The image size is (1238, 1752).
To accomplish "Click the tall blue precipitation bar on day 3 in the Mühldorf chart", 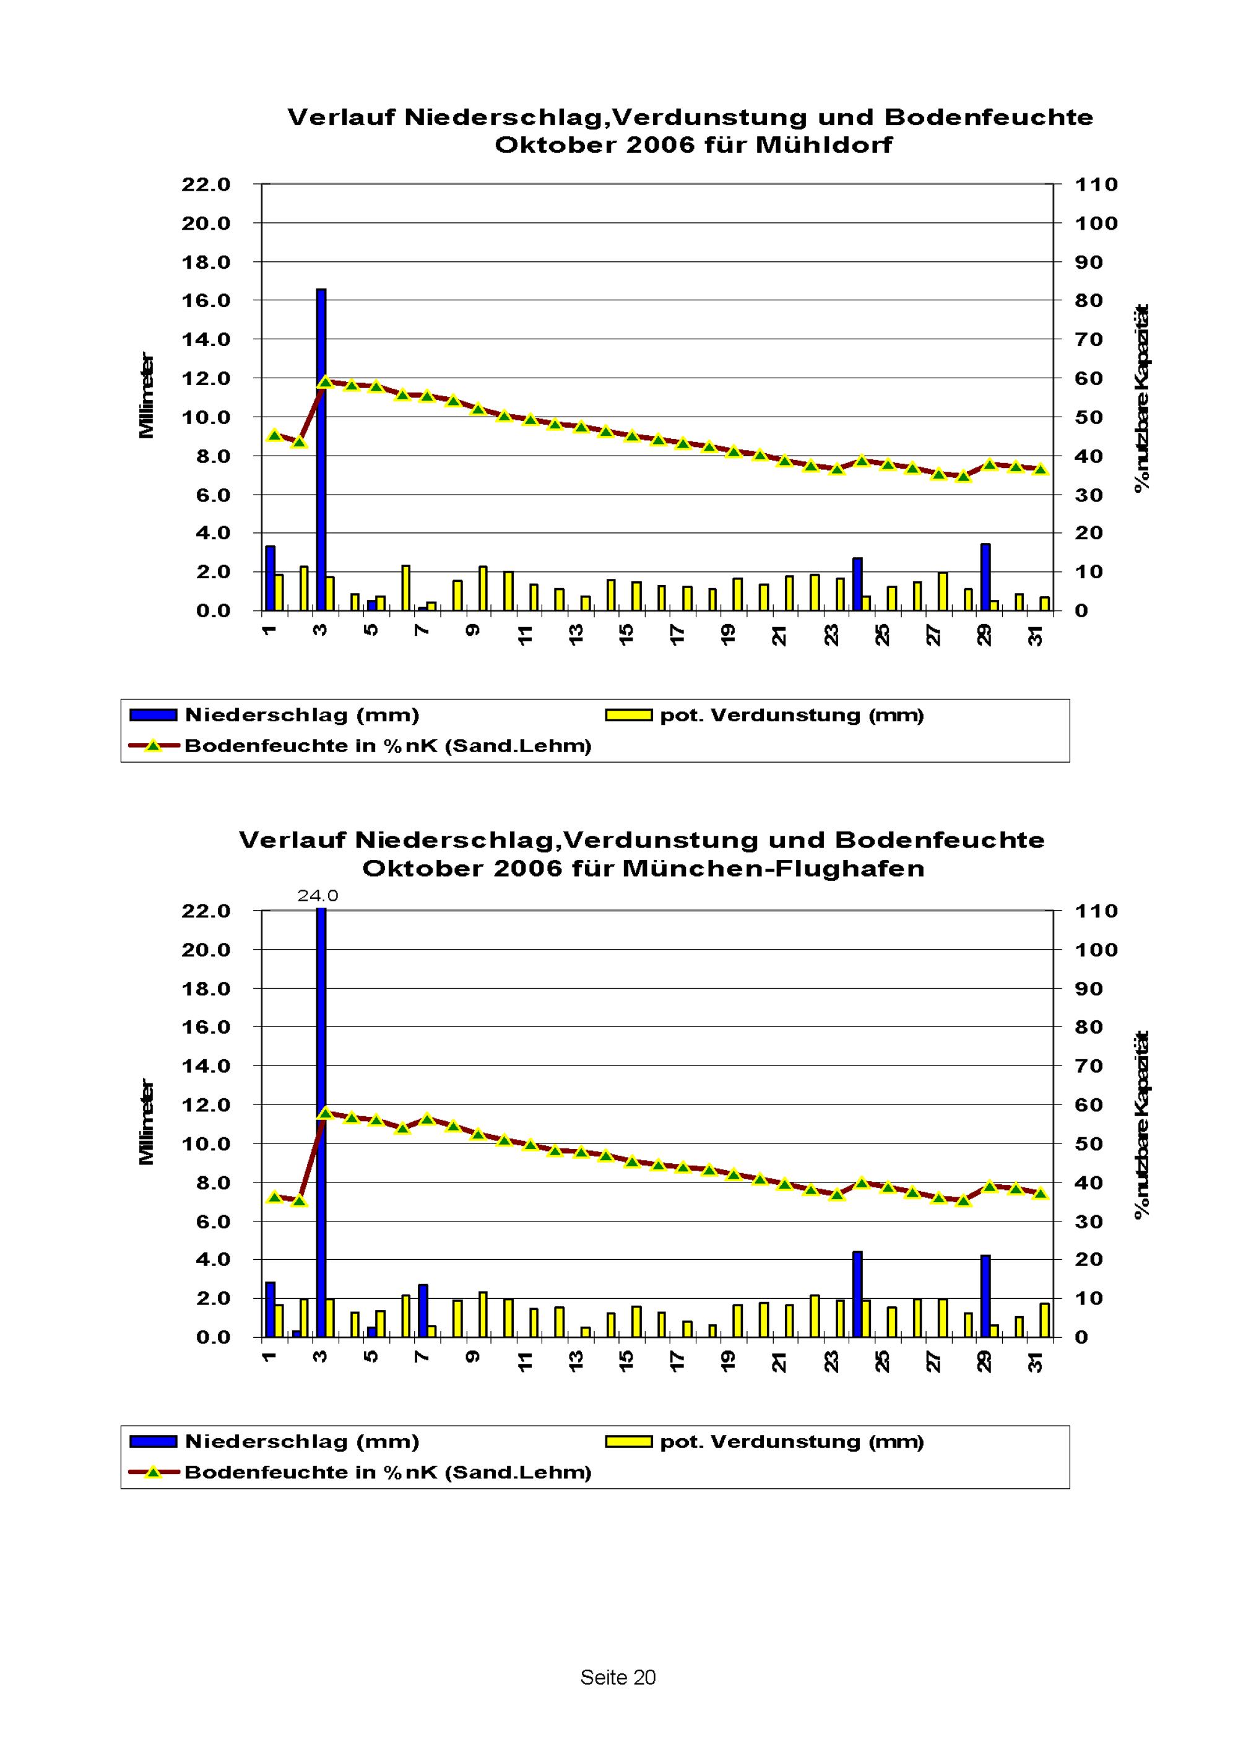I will (321, 450).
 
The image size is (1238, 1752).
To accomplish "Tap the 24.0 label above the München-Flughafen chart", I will (318, 896).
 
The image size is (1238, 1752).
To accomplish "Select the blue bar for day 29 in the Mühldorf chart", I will (985, 578).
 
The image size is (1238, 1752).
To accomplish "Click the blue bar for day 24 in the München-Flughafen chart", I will (857, 1294).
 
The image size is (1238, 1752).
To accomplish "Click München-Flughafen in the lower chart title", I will (773, 869).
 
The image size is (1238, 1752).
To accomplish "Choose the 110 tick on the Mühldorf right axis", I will (1096, 184).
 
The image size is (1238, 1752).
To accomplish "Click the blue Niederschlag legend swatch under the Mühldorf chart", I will (154, 715).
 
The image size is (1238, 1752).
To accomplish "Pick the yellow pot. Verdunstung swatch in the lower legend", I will (628, 1441).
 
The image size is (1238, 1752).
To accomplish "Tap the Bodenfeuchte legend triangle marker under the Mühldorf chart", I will (154, 745).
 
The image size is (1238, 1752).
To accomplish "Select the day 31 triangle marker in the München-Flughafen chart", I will (1041, 1194).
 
